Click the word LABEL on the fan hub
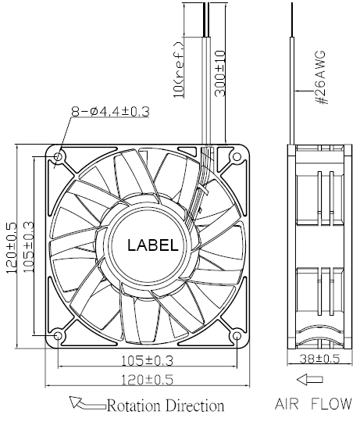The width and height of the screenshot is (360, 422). click(x=153, y=245)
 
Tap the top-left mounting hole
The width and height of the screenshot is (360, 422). click(x=58, y=156)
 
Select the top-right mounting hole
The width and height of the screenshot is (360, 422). click(x=237, y=156)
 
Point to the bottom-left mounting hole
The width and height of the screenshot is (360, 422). click(x=58, y=335)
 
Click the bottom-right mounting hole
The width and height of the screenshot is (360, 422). click(x=237, y=335)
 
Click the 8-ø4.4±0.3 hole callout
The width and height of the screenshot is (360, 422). click(x=110, y=112)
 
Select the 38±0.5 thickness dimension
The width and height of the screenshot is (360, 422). click(x=319, y=359)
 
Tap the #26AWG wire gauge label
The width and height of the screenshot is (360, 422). click(x=321, y=77)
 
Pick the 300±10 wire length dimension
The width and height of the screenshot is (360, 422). click(x=220, y=73)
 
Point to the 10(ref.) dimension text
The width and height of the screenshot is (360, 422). click(x=179, y=70)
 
